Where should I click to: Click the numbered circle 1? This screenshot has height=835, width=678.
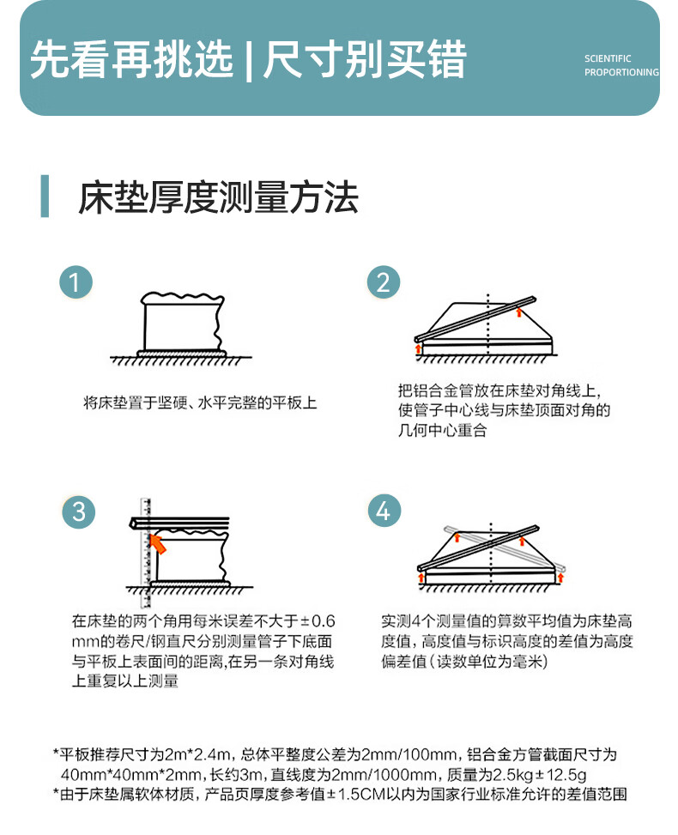[x=76, y=281]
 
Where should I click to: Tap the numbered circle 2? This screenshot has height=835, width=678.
[x=384, y=281]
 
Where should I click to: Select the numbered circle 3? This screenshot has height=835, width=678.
[x=78, y=511]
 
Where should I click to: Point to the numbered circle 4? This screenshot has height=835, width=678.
[x=384, y=511]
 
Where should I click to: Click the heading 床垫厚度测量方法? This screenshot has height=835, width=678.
[x=218, y=197]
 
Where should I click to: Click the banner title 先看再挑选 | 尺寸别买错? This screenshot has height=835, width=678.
[x=248, y=59]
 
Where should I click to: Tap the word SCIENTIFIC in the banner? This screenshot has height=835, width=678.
[x=608, y=58]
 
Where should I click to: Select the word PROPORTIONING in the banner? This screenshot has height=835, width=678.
[x=621, y=72]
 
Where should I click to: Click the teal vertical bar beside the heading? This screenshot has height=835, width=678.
[x=45, y=196]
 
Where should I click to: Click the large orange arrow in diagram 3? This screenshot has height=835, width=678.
[x=158, y=544]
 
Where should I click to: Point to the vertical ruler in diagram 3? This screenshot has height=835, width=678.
[x=145, y=553]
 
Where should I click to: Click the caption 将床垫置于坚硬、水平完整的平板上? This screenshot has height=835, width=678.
[x=200, y=402]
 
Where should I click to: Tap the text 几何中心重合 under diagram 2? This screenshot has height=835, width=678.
[x=443, y=430]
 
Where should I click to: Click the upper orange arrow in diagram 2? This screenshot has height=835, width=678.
[x=519, y=312]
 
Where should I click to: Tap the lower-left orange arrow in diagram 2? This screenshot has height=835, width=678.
[x=419, y=349]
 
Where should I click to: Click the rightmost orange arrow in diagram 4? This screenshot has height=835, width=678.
[x=560, y=578]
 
